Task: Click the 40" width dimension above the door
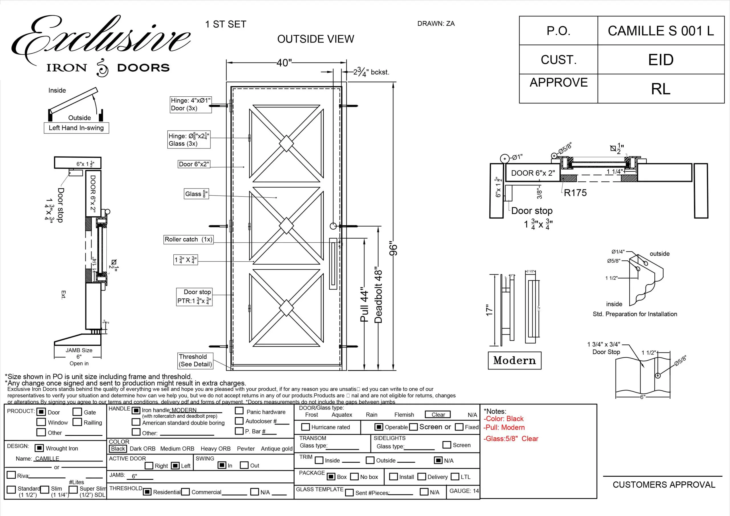284,63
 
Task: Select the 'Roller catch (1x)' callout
188,239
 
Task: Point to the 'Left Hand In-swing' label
76,128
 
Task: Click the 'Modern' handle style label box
514,361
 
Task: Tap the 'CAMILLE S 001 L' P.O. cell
661,31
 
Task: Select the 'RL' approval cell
661,89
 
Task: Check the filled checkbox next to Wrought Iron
39,448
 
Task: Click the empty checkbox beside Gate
77,412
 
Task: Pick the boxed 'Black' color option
118,449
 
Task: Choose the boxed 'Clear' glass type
438,415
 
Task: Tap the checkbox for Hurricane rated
305,427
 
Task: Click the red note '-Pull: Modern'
504,427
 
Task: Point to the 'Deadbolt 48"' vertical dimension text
378,295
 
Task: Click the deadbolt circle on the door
333,226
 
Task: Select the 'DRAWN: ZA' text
436,24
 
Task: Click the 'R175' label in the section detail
575,193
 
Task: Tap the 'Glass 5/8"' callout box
196,194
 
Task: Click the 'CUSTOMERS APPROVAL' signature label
664,485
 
